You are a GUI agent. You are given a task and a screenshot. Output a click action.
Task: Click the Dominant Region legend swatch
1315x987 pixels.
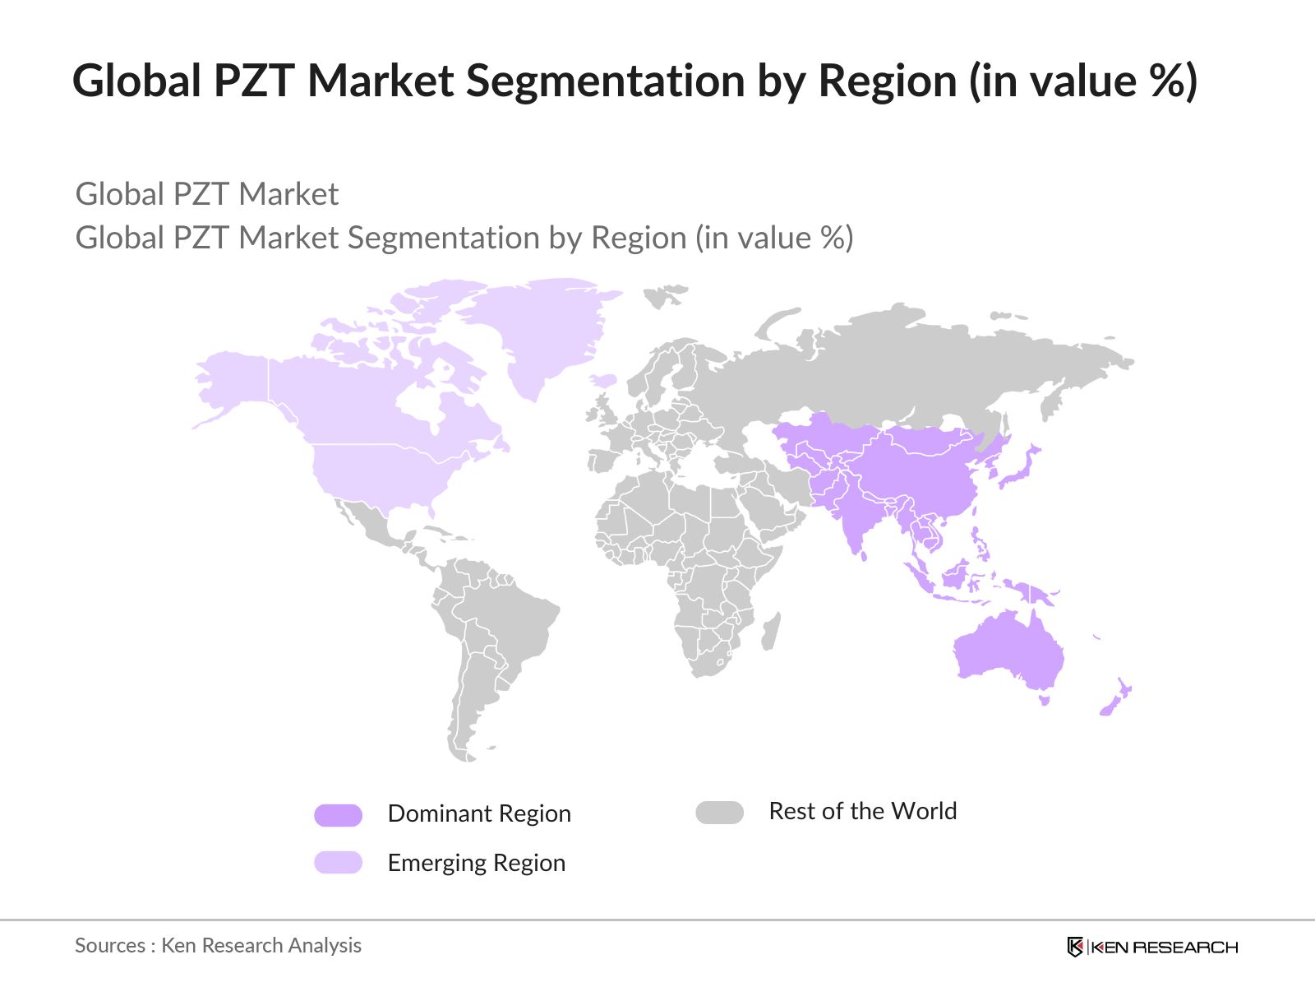[x=338, y=814]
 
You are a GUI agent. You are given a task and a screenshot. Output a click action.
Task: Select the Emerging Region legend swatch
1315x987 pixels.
[x=338, y=862]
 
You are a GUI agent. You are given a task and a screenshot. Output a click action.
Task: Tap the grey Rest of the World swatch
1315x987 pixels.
[x=719, y=813]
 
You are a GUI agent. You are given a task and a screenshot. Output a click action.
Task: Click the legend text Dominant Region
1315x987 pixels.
[x=479, y=813]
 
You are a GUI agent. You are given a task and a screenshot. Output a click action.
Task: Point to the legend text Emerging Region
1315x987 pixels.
[x=476, y=863]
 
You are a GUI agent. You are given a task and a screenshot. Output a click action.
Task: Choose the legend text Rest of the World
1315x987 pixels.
[x=862, y=811]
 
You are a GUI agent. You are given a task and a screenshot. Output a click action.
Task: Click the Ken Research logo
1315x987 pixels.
[x=1151, y=947]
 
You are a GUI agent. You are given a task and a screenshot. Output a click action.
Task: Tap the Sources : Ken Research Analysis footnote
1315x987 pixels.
[x=218, y=945]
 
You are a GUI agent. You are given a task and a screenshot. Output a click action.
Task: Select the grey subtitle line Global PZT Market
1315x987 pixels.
[x=207, y=194]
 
